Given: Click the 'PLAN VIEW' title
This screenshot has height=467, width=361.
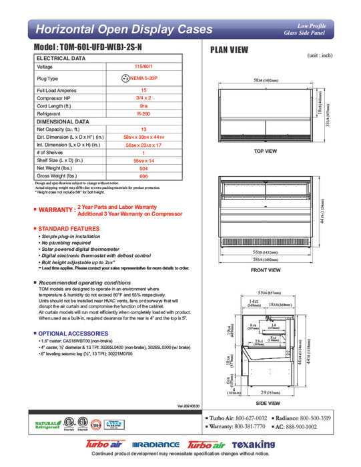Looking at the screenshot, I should pos(230,49).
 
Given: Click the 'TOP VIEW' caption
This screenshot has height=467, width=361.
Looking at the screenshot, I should pos(266,151).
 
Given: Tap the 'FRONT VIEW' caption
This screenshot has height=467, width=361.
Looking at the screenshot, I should pos(266,270).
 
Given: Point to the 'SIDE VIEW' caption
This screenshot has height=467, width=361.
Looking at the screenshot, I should pos(266,403).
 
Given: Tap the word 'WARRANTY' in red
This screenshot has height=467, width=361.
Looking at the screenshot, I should pos(56,210).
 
